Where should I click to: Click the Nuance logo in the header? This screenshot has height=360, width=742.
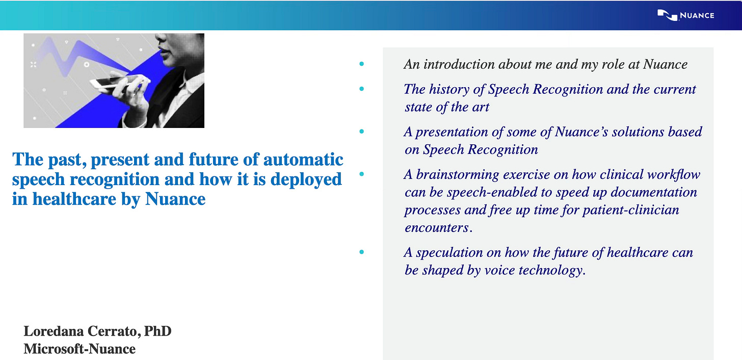pos(686,15)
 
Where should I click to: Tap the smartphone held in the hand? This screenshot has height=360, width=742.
pos(116,82)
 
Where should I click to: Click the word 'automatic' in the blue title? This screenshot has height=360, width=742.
pos(303,160)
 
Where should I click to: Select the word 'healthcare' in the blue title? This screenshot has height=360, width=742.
pos(74,199)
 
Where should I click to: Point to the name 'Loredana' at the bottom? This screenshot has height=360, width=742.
pos(53,331)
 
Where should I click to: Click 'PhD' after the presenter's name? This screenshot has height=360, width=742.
pos(157,331)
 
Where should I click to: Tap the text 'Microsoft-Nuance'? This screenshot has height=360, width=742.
pos(79,349)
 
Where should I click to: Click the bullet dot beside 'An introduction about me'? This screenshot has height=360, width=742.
pos(362,64)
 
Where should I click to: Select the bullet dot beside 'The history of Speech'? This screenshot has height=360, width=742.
pos(362,89)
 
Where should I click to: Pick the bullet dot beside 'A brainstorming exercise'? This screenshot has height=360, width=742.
pos(362,174)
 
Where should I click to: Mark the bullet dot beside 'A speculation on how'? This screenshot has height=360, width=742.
pos(362,252)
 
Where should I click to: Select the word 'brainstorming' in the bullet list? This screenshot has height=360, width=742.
pos(458,175)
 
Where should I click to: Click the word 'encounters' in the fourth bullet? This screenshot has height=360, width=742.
pos(437,228)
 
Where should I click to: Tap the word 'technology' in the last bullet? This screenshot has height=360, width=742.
pos(550,270)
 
